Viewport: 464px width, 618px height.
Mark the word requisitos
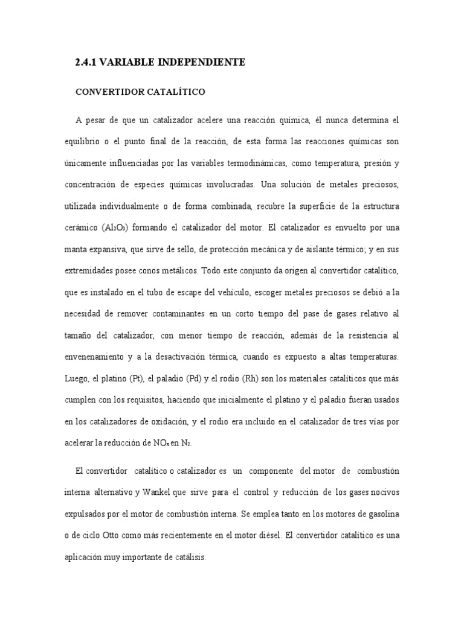click(x=157, y=401)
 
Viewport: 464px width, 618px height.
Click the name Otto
click(x=124, y=536)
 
